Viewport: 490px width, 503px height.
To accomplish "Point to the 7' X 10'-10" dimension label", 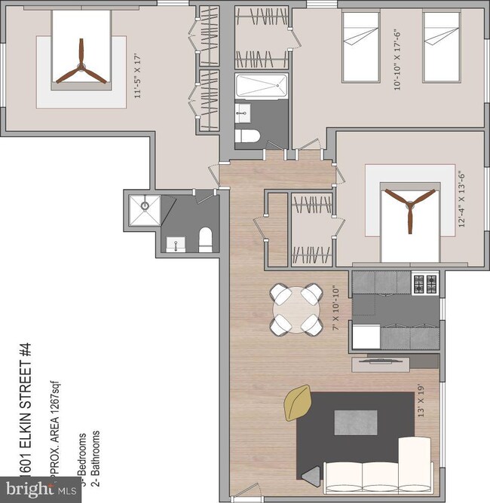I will [x=338, y=308].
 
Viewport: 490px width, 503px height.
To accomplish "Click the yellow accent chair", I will [x=297, y=403].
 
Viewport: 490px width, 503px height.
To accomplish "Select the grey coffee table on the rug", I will [x=355, y=421].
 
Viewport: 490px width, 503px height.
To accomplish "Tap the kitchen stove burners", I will [x=424, y=284].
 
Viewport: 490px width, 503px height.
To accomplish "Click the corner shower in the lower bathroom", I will [x=143, y=210].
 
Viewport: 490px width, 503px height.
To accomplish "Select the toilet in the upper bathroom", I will [x=247, y=136].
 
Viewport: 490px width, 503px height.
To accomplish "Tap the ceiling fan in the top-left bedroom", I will [x=79, y=62].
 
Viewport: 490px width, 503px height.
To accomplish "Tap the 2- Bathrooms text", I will [x=95, y=455].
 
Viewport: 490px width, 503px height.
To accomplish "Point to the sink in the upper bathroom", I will [x=243, y=114].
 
